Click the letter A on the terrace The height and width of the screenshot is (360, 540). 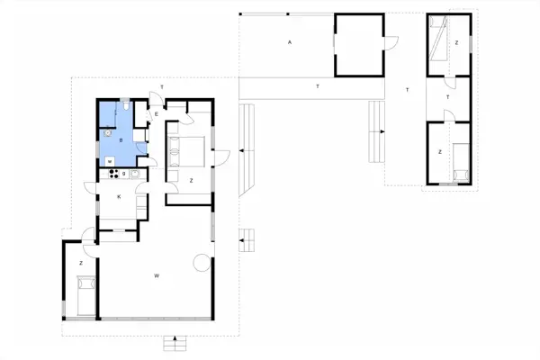[290, 42]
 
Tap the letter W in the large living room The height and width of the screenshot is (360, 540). [157, 274]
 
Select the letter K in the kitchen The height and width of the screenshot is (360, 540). [118, 196]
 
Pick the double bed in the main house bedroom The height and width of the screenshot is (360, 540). [191, 150]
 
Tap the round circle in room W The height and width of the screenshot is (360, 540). [202, 263]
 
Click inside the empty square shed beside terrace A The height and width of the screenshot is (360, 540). [357, 45]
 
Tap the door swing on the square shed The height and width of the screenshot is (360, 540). [388, 42]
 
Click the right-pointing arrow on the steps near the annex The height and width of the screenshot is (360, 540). [382, 131]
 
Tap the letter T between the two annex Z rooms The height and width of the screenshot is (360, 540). [448, 96]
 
